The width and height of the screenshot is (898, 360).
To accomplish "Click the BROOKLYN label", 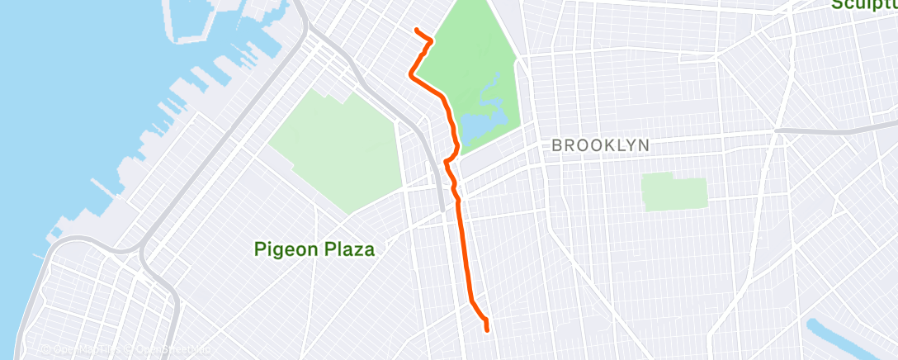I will pyautogui.click(x=600, y=145).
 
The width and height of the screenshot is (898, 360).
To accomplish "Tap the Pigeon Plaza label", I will pyautogui.click(x=314, y=249).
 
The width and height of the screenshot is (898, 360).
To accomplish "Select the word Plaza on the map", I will pyautogui.click(x=347, y=249).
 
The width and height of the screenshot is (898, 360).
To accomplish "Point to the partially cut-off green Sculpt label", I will pyautogui.click(x=863, y=5).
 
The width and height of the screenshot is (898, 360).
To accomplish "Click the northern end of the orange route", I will pyautogui.click(x=415, y=30).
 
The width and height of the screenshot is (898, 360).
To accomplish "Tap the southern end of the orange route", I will pyautogui.click(x=487, y=330).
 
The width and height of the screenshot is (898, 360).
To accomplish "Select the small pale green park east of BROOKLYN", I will pyautogui.click(x=675, y=192).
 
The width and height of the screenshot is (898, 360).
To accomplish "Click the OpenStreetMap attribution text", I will pyautogui.click(x=168, y=350).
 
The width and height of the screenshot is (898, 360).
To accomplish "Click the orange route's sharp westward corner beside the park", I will pyautogui.click(x=410, y=75).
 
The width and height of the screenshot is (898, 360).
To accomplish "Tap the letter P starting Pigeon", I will pyautogui.click(x=259, y=249).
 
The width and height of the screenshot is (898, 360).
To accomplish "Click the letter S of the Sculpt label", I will pyautogui.click(x=836, y=5).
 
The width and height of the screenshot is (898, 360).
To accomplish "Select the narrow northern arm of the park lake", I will pyautogui.click(x=494, y=83).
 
